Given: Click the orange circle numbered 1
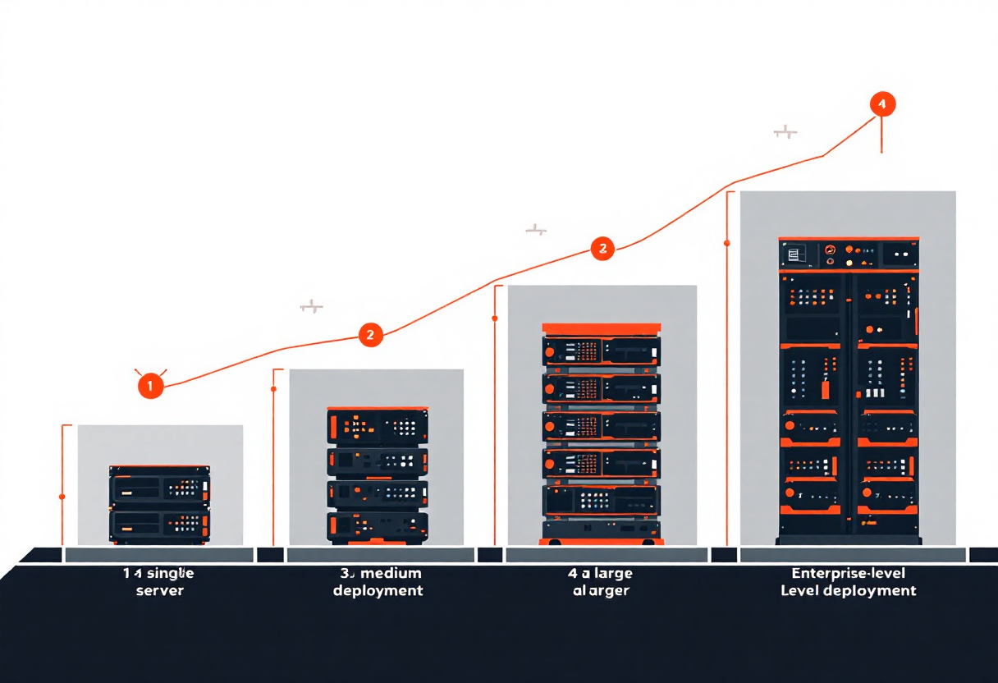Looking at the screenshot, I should click(151, 385).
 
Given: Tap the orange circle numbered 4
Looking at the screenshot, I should click(881, 104).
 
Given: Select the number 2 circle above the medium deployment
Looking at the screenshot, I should click(371, 334).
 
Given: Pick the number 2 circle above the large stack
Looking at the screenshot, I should click(602, 249).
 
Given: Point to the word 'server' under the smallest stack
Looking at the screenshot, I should click(159, 590).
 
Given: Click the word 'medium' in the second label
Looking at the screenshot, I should click(391, 573).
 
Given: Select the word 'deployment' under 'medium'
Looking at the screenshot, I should click(378, 590).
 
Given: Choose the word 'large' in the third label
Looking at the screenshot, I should click(610, 573).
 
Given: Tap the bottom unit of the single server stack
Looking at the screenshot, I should click(160, 524).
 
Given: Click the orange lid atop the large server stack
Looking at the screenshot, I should click(602, 328).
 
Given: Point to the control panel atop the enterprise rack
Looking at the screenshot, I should click(849, 253).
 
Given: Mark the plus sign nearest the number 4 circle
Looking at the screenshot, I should click(785, 131).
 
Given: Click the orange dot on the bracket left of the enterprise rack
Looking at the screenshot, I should click(727, 243).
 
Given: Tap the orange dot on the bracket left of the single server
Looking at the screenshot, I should click(62, 497).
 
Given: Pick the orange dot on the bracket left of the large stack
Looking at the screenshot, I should click(495, 318).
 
